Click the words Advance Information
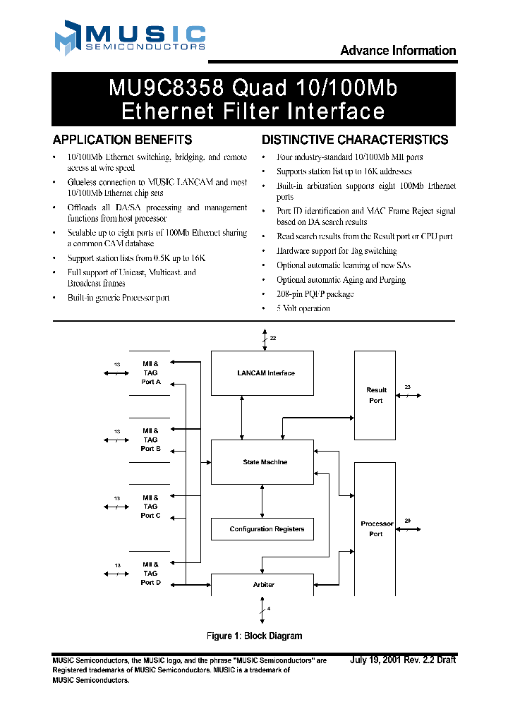[x=398, y=51]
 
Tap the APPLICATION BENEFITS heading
[x=122, y=140]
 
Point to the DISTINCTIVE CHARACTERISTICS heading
[x=355, y=140]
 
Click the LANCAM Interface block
[x=262, y=373]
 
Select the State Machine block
[x=262, y=462]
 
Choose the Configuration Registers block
[x=262, y=529]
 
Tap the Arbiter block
[x=262, y=585]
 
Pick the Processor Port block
[x=376, y=528]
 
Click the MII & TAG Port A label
[x=150, y=373]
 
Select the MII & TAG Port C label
[x=150, y=507]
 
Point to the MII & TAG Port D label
[x=150, y=573]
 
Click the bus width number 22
[x=273, y=339]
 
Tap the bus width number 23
[x=408, y=387]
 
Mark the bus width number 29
[x=408, y=521]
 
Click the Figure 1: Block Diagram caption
[x=254, y=636]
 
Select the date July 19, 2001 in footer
[x=375, y=660]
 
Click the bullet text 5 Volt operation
[x=303, y=308]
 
